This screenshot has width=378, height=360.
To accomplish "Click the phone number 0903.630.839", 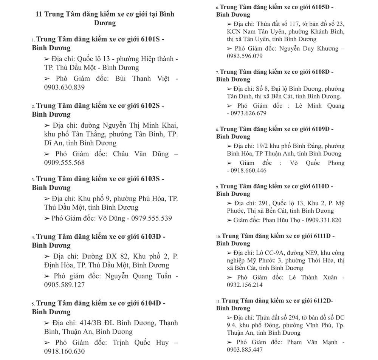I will click(x=64, y=87).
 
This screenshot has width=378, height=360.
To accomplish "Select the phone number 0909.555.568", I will click(x=64, y=163).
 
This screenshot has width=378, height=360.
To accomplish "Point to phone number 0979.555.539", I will click(x=152, y=218).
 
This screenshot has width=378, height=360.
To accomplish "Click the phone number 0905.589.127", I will click(x=64, y=285).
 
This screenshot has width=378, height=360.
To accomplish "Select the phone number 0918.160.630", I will click(x=64, y=351).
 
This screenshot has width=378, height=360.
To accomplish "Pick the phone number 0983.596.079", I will click(x=245, y=56).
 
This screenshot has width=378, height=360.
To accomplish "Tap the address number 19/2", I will click(x=263, y=146).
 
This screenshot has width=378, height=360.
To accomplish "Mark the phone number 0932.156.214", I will click(x=245, y=285).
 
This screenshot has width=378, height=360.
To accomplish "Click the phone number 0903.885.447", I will click(x=245, y=350).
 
